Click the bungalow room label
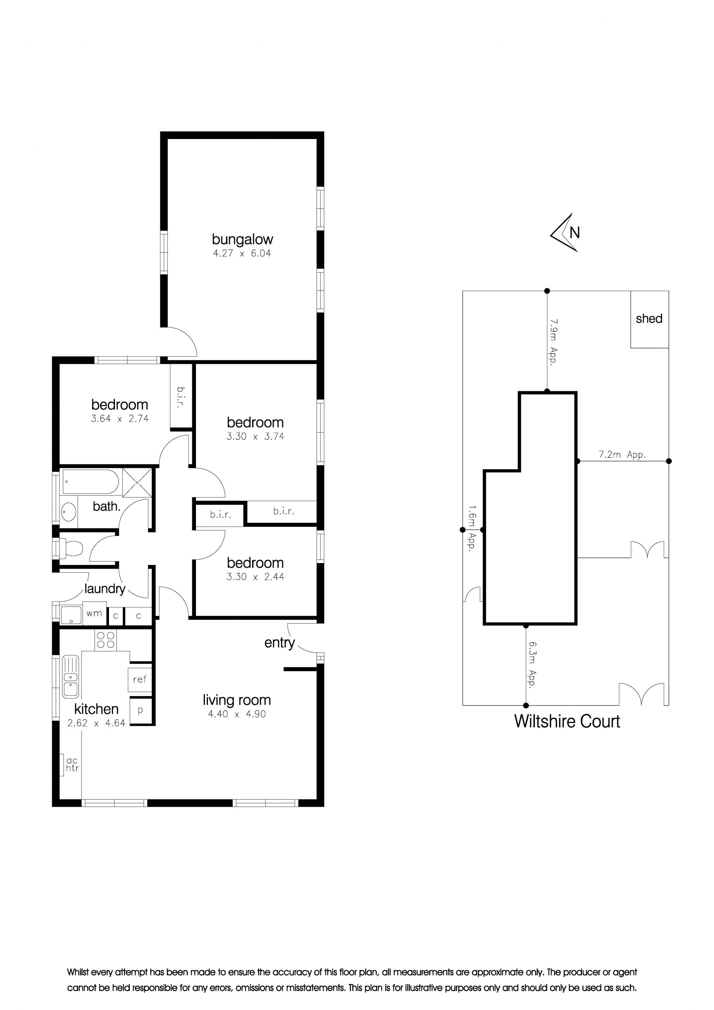pyautogui.click(x=242, y=240)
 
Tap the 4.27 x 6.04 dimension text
pyautogui.click(x=242, y=253)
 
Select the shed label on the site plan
pyautogui.click(x=649, y=318)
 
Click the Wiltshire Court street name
pyautogui.click(x=567, y=721)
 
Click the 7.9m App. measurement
pyautogui.click(x=553, y=341)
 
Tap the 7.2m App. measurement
pyautogui.click(x=622, y=455)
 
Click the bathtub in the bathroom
pyautogui.click(x=91, y=482)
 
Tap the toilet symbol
pyautogui.click(x=70, y=549)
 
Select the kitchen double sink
pyautogui.click(x=70, y=676)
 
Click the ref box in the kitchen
pyautogui.click(x=140, y=679)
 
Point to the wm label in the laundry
pyautogui.click(x=94, y=613)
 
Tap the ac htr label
pyautogui.click(x=72, y=765)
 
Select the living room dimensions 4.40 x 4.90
pyautogui.click(x=237, y=714)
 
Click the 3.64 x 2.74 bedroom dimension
pyautogui.click(x=120, y=419)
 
